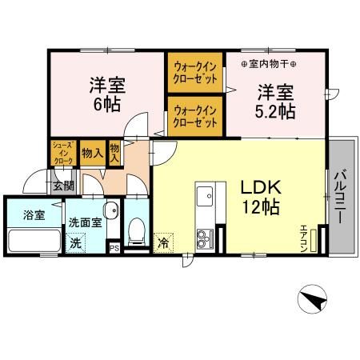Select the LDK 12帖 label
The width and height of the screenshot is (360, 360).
(x=259, y=197)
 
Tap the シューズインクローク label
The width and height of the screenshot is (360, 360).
(x=62, y=154)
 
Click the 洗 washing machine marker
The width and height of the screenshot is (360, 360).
(x=74, y=242)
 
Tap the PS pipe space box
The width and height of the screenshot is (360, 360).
(x=114, y=247)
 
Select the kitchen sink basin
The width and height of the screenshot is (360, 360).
(x=205, y=195)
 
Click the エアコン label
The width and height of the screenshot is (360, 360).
(x=304, y=238)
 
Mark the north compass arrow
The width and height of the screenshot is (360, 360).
(x=314, y=302)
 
